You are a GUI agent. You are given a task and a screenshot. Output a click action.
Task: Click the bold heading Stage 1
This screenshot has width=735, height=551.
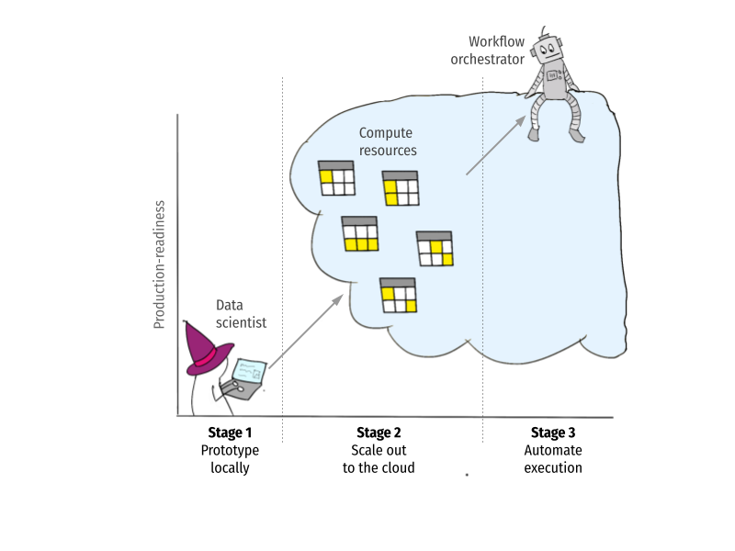click(x=230, y=432)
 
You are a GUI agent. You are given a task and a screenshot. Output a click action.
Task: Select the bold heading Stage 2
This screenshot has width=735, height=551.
click(x=379, y=432)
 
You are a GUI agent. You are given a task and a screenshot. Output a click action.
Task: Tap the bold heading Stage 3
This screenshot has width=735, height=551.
click(x=553, y=432)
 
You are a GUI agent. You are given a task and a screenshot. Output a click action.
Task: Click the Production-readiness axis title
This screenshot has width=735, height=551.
click(x=159, y=264)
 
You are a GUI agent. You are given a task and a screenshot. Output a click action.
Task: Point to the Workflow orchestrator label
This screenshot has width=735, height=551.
click(x=488, y=51)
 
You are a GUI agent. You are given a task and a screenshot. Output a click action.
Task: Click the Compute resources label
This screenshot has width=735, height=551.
click(x=388, y=141)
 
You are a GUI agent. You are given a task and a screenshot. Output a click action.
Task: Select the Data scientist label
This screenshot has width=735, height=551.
click(x=241, y=314)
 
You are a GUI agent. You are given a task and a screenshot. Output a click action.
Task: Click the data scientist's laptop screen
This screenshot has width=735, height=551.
click(x=249, y=371)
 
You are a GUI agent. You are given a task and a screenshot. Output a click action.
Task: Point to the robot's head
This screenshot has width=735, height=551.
click(x=547, y=50)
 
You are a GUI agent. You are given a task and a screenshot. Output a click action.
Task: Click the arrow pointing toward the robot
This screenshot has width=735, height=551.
click(x=495, y=145)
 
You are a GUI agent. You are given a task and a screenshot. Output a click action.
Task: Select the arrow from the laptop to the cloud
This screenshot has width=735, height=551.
click(x=306, y=332)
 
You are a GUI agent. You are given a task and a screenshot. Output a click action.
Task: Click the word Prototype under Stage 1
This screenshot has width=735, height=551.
click(x=230, y=450)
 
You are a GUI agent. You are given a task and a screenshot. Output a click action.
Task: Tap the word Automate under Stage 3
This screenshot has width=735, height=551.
click(x=553, y=450)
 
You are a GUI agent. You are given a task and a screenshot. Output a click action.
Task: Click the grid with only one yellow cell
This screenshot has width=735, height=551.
click(x=336, y=178)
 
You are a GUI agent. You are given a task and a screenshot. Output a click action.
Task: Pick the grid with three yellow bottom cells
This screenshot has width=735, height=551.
click(x=360, y=234)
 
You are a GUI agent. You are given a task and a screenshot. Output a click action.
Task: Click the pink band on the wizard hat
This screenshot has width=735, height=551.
click(x=206, y=358)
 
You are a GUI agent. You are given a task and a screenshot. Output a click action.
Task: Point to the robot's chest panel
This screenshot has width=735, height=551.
click(x=553, y=75)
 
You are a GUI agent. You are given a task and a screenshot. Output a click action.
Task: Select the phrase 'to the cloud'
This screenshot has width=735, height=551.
click(x=379, y=467)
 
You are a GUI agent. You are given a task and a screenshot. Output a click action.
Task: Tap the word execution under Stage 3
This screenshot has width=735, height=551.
click(x=553, y=467)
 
